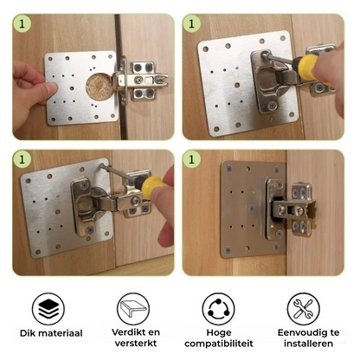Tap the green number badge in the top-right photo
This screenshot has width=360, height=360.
(x=191, y=22)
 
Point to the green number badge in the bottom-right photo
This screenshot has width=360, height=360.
(x=191, y=160)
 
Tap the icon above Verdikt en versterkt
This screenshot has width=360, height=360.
(x=136, y=308)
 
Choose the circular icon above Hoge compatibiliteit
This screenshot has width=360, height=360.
(x=220, y=308)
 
